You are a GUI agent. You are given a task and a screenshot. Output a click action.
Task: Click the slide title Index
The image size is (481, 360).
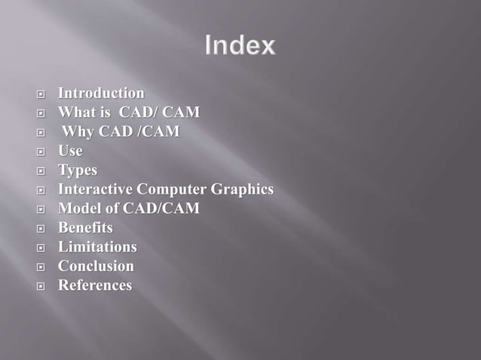click(x=240, y=47)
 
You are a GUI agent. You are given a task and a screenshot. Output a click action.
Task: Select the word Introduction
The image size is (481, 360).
click(x=101, y=93)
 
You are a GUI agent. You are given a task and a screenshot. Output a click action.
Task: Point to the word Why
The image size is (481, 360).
click(x=78, y=133)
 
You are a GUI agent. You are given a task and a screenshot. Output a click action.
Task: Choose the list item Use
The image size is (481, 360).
click(x=70, y=151)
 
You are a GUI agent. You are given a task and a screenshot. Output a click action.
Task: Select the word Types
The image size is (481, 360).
click(x=78, y=170)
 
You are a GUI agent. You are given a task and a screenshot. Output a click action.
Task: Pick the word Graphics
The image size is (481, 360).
click(x=243, y=190)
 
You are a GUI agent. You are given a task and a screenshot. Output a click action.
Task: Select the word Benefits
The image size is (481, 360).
click(x=85, y=227)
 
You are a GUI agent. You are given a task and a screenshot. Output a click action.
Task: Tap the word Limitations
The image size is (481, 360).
click(x=97, y=247)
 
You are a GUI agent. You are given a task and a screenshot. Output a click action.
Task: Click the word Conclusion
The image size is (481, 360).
click(x=96, y=266)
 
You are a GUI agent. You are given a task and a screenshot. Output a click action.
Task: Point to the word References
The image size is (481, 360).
click(x=95, y=285)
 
